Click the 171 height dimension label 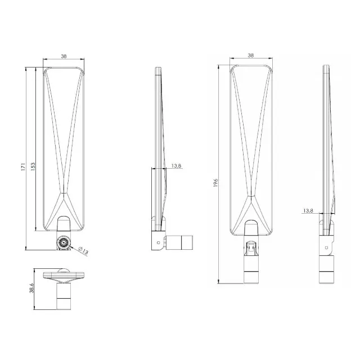point(23,167)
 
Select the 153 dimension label point(33,167)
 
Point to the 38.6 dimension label point(33,289)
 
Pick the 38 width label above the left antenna point(65,56)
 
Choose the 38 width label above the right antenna point(250,56)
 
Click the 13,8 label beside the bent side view point(175,165)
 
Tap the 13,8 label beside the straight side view point(308,210)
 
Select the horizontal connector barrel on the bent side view point(181,242)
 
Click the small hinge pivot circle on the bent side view point(159,242)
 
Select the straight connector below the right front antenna point(251,264)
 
